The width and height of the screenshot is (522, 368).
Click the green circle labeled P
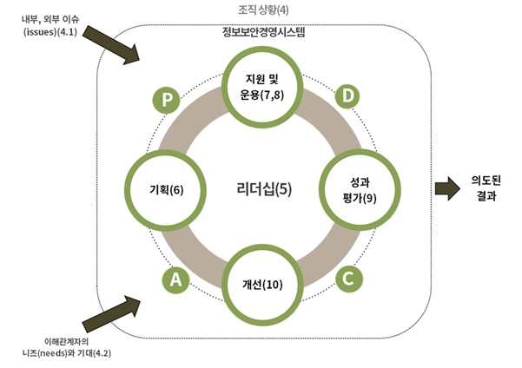click(167, 100)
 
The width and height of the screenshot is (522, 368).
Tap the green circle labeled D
click(348, 96)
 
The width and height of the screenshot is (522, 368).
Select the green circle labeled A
click(175, 279)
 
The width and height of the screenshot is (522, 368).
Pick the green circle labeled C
click(348, 279)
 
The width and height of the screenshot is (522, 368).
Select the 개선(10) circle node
click(262, 285)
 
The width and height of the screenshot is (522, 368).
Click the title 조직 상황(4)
click(261, 10)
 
